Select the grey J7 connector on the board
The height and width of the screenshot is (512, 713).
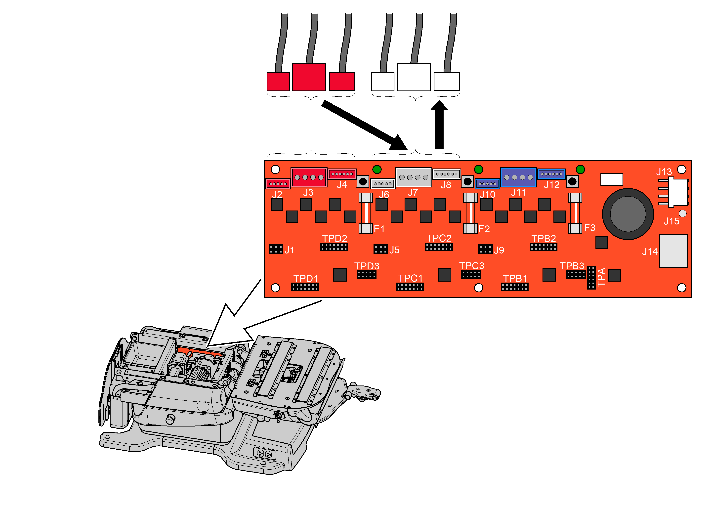pos(413,177)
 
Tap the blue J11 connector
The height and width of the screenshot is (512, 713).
pos(518,177)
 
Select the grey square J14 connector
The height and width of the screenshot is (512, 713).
pos(673,251)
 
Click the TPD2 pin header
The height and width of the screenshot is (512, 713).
pos(334,247)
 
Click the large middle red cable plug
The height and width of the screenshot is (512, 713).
pos(309,77)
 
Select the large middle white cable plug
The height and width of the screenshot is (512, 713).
pos(413,77)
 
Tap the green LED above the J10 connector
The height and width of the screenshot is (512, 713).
pos(478,169)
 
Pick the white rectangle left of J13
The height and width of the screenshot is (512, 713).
pos(611,179)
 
